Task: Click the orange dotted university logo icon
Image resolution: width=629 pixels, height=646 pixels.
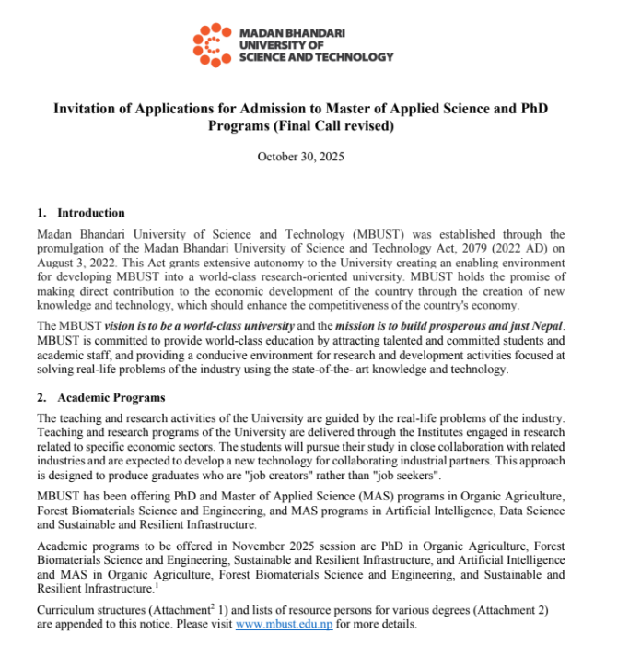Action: [x=211, y=44]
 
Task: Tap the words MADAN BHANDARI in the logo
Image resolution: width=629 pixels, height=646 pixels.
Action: [x=291, y=32]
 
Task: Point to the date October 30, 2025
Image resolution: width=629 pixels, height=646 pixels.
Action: [x=300, y=157]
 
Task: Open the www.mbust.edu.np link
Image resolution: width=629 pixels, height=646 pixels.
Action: [x=284, y=624]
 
